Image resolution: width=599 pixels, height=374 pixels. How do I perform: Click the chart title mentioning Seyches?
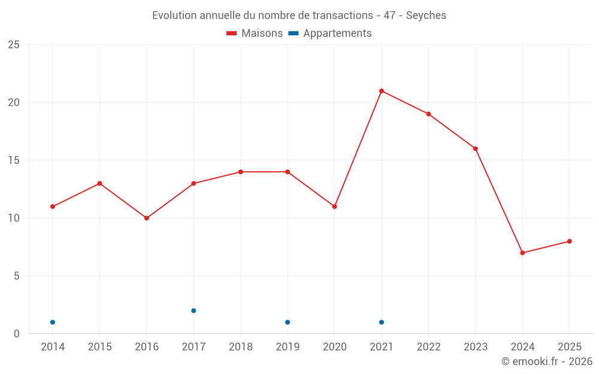[x=299, y=16]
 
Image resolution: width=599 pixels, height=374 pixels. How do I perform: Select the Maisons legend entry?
[x=255, y=34]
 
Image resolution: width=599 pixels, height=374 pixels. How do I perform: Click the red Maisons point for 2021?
[x=382, y=91]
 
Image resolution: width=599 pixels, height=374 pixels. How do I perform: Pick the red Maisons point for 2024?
[x=522, y=253]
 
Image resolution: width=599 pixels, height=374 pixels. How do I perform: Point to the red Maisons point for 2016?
[x=147, y=218]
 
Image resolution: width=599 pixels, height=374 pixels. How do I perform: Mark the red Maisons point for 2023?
[x=476, y=148]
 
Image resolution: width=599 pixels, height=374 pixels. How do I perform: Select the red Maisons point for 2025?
[x=570, y=241]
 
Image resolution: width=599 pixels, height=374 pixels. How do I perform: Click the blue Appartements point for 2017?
[x=193, y=311]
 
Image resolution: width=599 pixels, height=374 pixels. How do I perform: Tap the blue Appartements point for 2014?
[x=53, y=322]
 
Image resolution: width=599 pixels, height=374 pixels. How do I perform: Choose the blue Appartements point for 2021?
[x=382, y=322]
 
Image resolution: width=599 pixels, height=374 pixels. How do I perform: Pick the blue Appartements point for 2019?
[x=288, y=322]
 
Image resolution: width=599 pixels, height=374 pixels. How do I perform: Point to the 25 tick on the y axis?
[x=14, y=45]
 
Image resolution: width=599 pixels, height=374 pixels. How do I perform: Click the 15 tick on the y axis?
[x=14, y=160]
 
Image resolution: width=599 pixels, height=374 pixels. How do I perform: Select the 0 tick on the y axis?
[x=17, y=334]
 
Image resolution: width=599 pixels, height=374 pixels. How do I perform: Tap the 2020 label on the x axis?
[x=334, y=347]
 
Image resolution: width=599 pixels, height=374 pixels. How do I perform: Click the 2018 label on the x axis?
[x=240, y=347]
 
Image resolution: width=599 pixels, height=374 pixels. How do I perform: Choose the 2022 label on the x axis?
[x=428, y=347]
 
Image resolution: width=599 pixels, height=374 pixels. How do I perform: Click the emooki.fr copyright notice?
[x=546, y=361]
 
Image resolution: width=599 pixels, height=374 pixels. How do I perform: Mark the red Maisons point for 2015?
[x=99, y=183]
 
